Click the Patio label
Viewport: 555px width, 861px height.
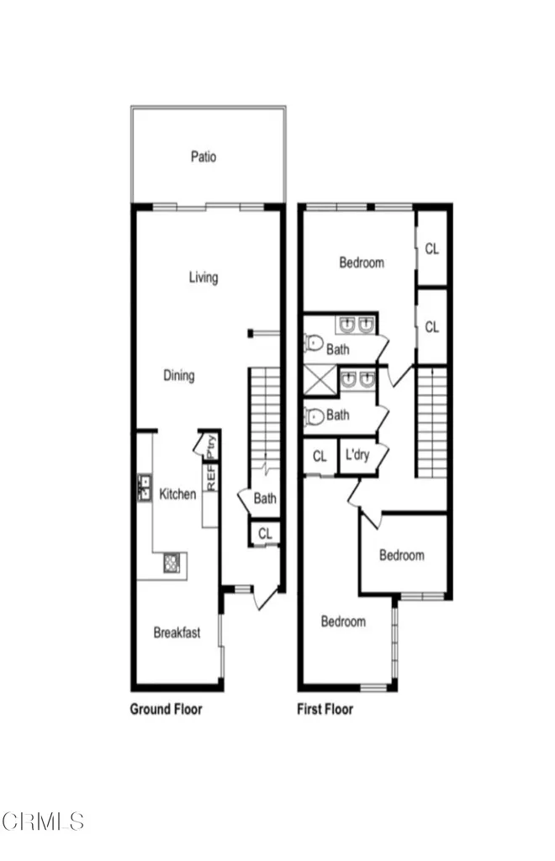[203, 156]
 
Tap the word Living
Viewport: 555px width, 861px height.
[203, 277]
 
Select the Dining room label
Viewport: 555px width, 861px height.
[178, 376]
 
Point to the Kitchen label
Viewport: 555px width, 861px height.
[177, 494]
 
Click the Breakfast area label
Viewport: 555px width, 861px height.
[177, 633]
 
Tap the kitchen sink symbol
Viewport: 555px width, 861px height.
[143, 488]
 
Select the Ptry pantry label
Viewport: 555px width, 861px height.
[211, 445]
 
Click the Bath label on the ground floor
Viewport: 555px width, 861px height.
[265, 499]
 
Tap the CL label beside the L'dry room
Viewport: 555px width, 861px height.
[320, 457]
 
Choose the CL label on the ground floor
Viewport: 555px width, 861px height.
[265, 533]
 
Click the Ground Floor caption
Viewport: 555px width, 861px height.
[166, 709]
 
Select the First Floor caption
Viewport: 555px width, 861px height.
[325, 709]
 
